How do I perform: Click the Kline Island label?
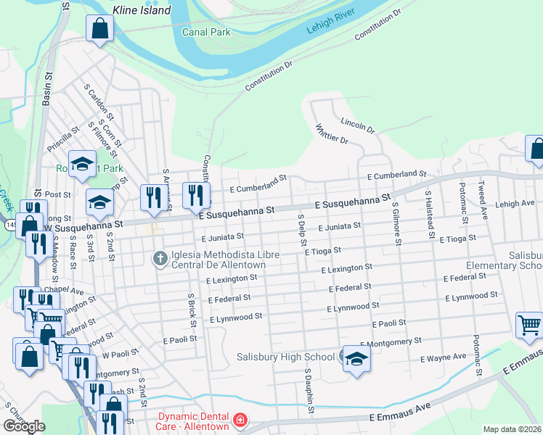142,10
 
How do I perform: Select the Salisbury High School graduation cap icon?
356,360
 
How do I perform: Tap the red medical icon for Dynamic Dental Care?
239,420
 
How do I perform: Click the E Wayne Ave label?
443,357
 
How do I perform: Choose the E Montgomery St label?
391,341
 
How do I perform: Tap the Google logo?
24,426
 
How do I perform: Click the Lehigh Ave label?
515,204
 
